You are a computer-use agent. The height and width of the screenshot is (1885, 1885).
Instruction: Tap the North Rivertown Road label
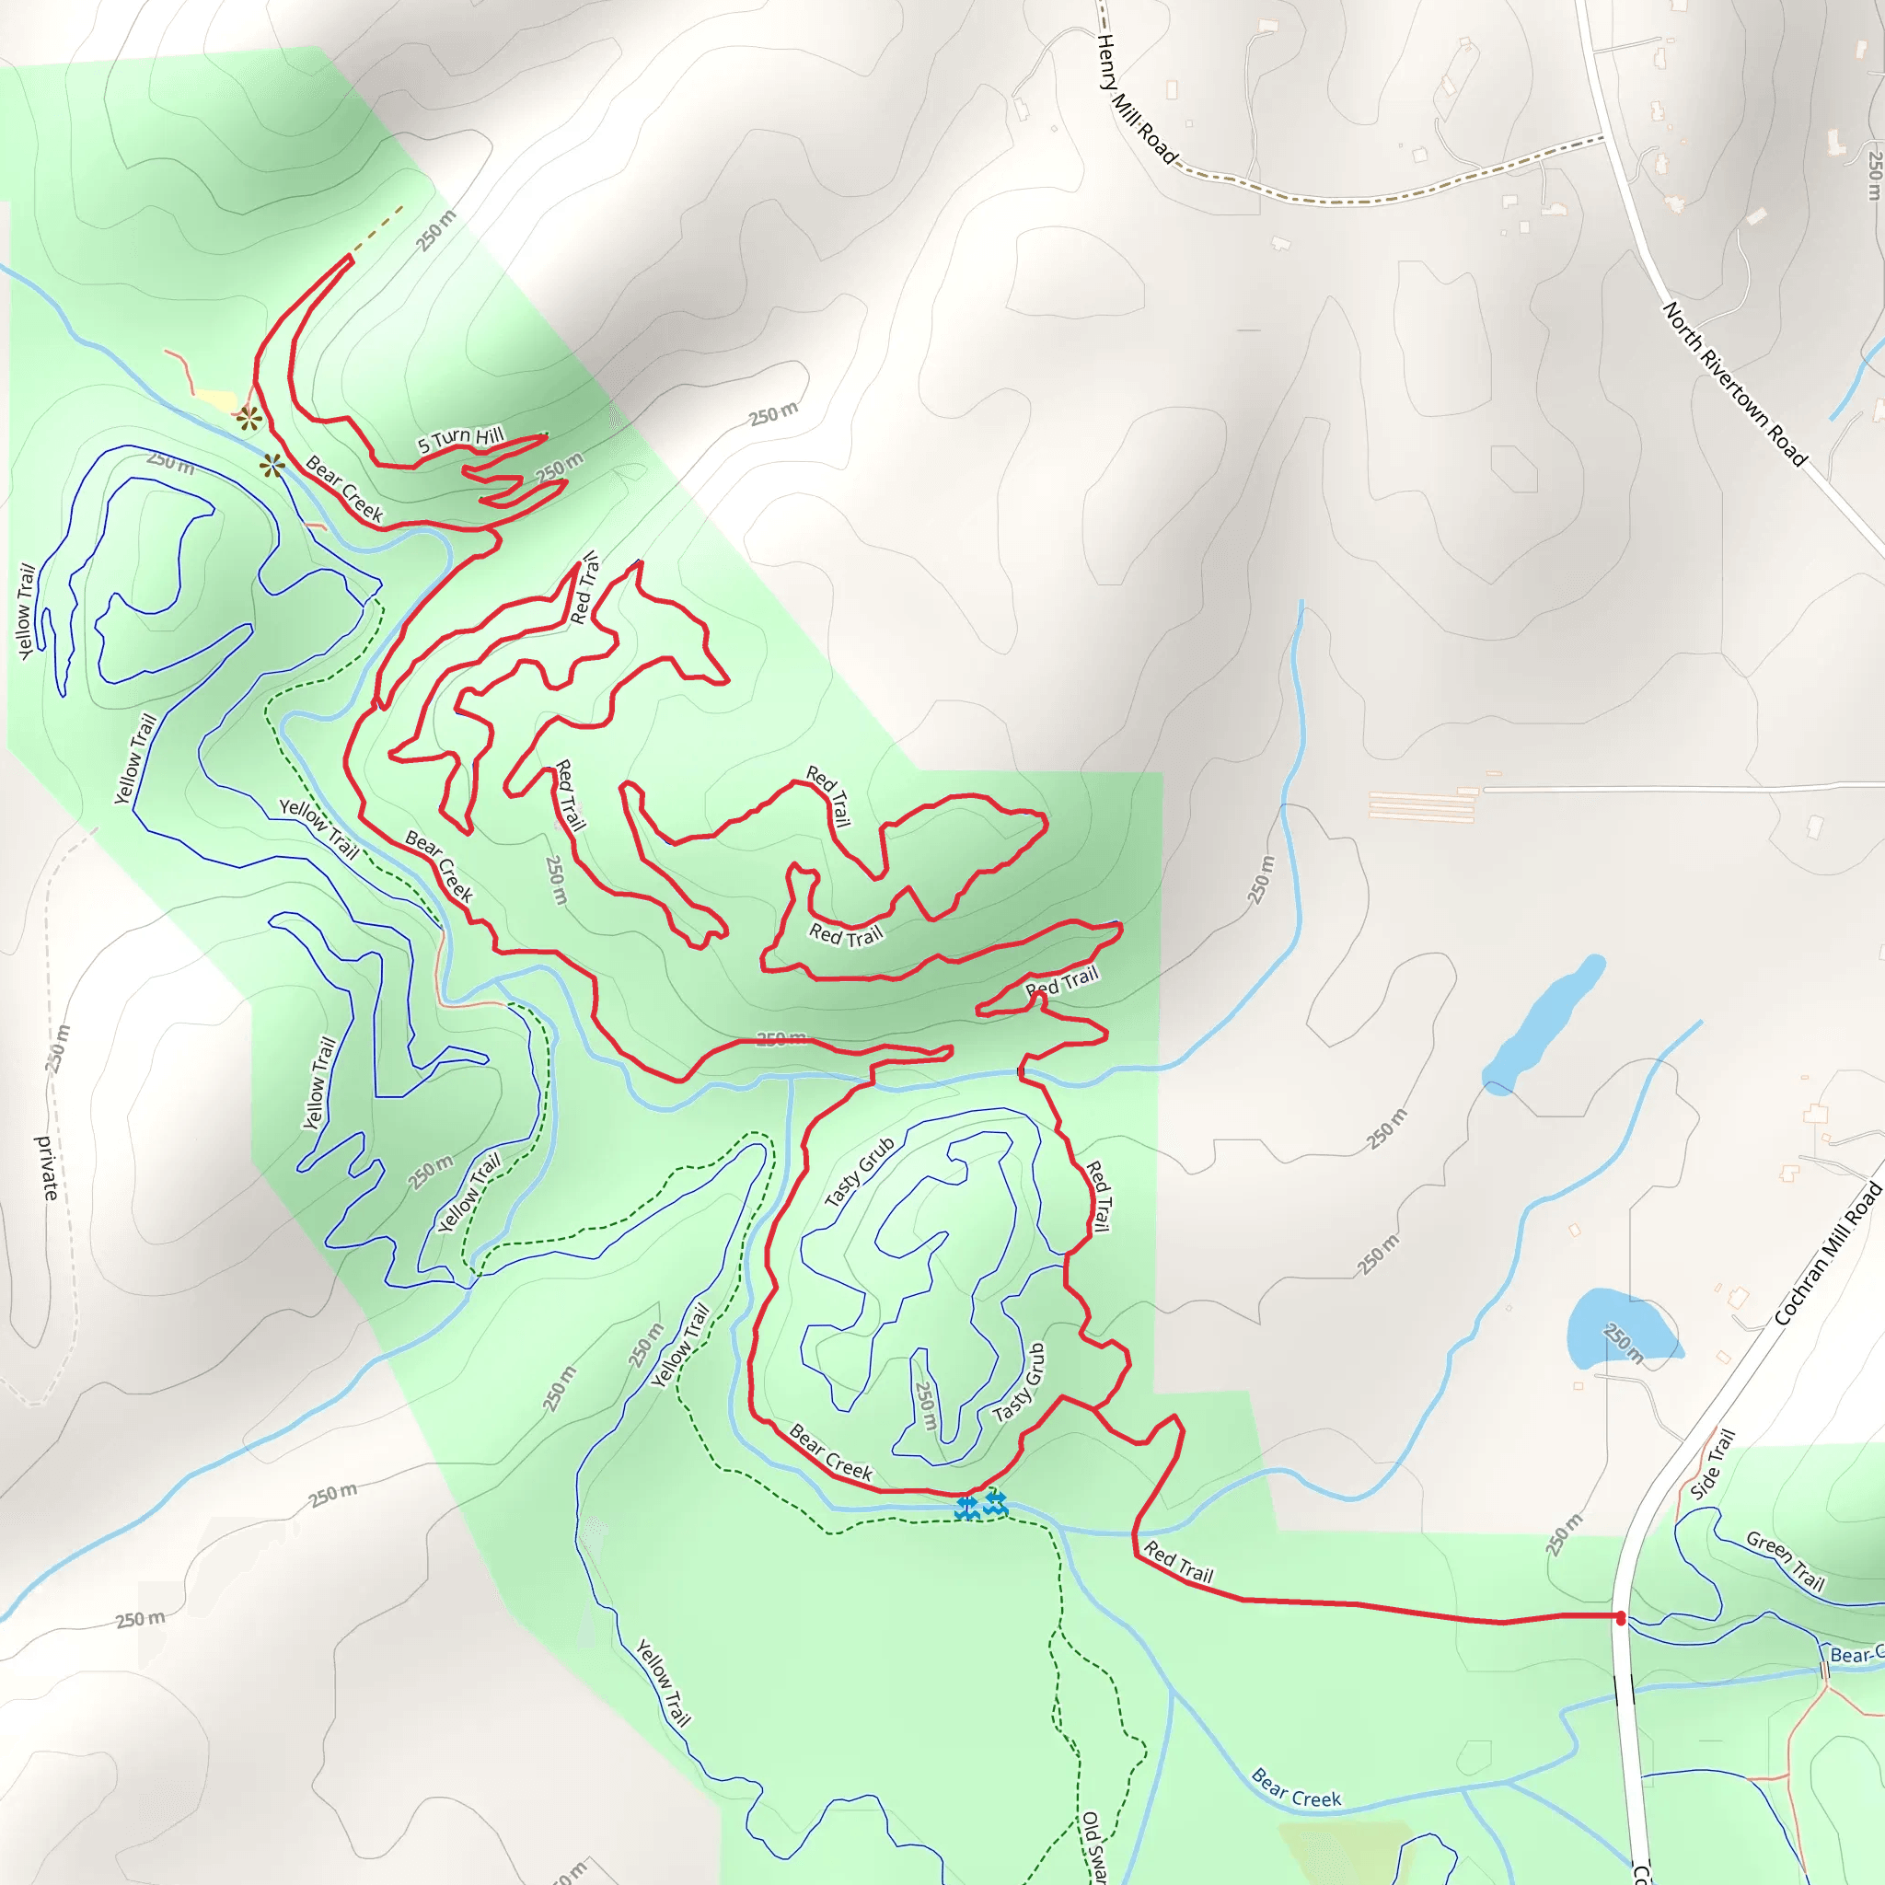[x=1735, y=384]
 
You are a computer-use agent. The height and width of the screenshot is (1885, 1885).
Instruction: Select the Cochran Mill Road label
[x=1827, y=1253]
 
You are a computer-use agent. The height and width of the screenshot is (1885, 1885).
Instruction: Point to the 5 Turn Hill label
[x=460, y=439]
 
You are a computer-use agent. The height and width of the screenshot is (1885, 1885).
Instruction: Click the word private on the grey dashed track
[x=47, y=1168]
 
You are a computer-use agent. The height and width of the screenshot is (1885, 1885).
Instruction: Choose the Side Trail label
[x=1713, y=1463]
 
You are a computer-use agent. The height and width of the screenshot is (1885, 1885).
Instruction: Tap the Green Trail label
[x=1786, y=1561]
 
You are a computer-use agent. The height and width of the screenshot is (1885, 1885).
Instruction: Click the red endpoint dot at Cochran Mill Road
[x=1621, y=1619]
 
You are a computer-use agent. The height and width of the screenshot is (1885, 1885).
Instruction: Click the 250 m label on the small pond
[x=1624, y=1343]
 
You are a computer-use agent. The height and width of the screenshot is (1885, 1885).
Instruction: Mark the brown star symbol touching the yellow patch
[x=249, y=420]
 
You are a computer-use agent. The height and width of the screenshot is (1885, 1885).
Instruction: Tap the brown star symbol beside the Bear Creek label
[x=272, y=466]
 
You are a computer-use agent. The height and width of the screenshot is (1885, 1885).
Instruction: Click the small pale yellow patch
[x=216, y=401]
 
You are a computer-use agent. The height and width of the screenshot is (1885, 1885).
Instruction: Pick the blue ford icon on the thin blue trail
[x=966, y=1508]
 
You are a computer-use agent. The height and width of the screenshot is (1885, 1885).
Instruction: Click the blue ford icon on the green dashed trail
[x=995, y=1502]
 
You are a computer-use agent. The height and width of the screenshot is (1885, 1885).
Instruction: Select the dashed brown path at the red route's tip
[x=378, y=230]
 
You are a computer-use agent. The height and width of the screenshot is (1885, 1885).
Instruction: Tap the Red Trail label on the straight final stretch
[x=1179, y=1562]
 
